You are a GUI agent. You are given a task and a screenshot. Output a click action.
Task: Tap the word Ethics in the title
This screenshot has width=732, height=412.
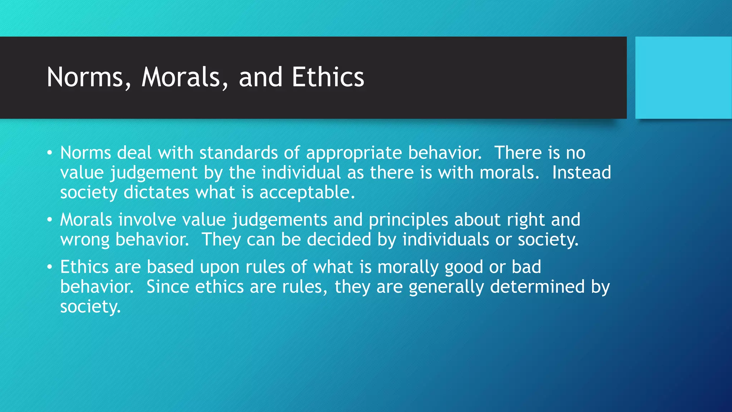328,77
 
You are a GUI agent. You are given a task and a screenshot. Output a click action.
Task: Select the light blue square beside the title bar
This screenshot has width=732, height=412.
683,78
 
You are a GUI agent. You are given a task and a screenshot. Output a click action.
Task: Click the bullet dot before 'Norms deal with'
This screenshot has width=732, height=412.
50,153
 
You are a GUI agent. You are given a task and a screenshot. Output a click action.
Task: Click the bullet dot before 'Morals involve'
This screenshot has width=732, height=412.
50,220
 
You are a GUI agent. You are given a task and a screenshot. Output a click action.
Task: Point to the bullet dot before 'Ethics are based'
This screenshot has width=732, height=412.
50,267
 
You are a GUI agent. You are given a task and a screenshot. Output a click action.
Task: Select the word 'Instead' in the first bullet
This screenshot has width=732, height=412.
582,173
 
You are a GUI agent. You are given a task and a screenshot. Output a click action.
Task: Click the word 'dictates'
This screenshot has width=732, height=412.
156,192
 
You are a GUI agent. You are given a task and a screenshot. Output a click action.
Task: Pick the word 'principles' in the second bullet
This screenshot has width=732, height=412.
408,220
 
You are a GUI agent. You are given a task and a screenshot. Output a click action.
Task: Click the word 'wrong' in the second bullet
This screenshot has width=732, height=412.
85,240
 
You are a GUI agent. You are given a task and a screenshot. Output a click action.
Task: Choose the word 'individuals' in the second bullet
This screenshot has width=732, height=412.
445,240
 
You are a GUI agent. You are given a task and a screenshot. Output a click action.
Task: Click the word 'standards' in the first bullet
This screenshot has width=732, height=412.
238,153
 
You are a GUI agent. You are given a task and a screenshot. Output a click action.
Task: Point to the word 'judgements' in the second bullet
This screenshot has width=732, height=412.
280,220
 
